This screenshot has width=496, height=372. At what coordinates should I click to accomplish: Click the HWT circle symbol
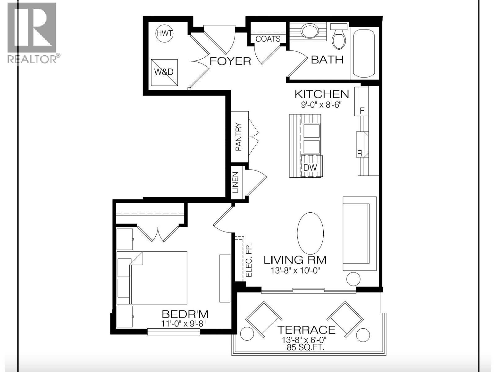164,33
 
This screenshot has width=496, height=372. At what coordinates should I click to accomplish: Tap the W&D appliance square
164,72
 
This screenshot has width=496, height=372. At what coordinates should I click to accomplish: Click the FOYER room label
230,61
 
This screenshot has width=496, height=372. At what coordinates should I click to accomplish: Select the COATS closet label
268,39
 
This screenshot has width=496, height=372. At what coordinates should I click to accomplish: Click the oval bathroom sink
310,31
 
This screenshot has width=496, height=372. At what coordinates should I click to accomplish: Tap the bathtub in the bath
364,53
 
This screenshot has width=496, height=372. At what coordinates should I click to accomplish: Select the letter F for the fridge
361,111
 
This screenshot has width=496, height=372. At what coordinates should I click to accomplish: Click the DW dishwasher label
310,168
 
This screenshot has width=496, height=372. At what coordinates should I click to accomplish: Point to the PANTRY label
239,137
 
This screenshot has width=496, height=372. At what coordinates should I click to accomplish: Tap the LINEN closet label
236,183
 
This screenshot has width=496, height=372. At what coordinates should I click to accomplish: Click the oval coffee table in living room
310,233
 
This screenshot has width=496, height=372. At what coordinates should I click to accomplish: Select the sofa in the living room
359,233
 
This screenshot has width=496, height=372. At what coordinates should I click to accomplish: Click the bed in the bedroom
158,277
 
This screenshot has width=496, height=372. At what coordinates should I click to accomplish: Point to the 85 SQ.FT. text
305,347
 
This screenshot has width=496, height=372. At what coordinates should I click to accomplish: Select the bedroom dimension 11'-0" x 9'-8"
184,323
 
